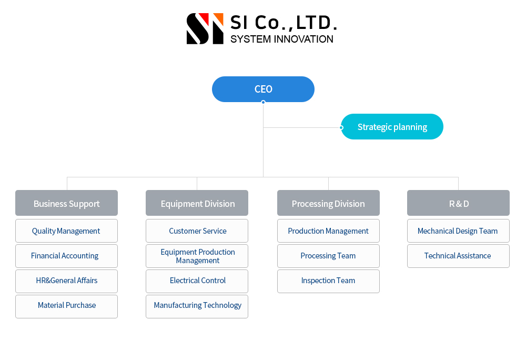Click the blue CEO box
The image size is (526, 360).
coord(263,89)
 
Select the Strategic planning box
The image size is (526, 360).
coord(392,127)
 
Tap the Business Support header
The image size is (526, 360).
coord(66,203)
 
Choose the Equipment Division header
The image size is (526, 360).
coord(197,203)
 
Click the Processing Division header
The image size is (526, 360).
coord(328,203)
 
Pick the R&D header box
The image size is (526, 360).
coord(458,203)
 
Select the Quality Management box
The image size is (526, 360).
coord(66,231)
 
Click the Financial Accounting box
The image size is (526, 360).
coord(66,256)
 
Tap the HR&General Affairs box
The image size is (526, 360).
coord(66,281)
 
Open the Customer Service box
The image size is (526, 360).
coord(197,231)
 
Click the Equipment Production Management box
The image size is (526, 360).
coord(197,256)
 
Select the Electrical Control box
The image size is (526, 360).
coord(197,281)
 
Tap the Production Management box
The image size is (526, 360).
coord(328,231)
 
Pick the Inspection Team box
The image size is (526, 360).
coord(328,281)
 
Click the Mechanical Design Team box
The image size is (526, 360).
coord(458,231)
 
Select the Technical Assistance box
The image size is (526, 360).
coord(458,256)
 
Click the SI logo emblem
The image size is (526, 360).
coord(205,28)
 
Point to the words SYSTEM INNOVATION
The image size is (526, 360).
coord(282,39)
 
